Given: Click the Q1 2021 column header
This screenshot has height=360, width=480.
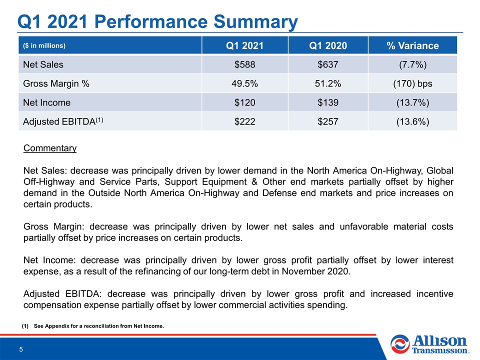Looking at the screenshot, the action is coord(244,45).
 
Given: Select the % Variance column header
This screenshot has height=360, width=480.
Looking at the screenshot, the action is coord(412,45).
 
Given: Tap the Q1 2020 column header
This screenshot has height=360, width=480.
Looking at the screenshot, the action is coord(328,45).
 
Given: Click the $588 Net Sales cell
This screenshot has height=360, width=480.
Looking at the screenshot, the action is coord(244,64).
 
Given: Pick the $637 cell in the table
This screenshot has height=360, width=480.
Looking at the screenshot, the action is coord(328,64).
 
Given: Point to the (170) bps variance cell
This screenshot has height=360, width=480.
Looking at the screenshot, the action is coord(412,83).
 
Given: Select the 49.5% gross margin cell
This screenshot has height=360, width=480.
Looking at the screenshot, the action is coord(244,83).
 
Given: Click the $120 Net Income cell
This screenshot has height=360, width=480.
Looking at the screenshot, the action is coord(244,102).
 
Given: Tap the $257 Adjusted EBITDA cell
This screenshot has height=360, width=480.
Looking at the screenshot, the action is coord(328,121).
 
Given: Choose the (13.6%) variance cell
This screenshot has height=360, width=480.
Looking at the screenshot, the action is coord(412,122).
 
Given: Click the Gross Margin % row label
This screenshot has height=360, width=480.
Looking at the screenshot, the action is coord(56,83).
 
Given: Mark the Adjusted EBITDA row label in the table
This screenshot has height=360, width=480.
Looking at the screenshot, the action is coord(63,121).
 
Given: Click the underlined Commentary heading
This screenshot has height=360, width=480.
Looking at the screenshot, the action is coord(50,148).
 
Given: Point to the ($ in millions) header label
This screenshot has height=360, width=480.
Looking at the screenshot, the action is coord(44,45).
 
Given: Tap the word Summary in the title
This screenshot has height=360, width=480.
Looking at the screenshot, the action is coord(255,22).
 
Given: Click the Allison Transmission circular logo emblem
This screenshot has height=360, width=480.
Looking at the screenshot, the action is coord(400,344).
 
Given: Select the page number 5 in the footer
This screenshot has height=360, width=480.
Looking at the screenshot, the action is coord(21,349).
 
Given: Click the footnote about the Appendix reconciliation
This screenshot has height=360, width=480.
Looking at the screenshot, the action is coord(93,326).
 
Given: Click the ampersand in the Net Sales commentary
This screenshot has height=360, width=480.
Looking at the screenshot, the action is coord(254,182).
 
